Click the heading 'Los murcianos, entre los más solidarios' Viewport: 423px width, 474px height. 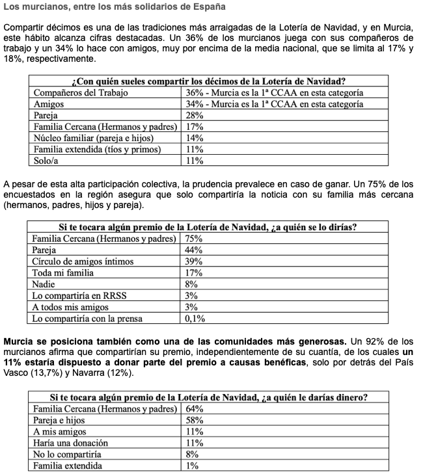point(115,8)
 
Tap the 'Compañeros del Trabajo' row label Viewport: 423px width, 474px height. point(81,92)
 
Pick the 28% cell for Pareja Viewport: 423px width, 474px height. point(195,115)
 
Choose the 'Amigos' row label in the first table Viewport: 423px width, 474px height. point(49,104)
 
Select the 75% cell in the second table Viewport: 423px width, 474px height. point(195,239)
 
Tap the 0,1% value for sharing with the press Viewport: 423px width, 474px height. point(197,319)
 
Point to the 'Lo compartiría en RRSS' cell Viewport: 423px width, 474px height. point(80,296)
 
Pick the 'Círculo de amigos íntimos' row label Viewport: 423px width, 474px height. point(83,261)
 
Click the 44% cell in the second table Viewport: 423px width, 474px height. point(195,250)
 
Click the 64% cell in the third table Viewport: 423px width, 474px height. point(195,409)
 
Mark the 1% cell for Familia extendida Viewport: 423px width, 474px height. point(192,466)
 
